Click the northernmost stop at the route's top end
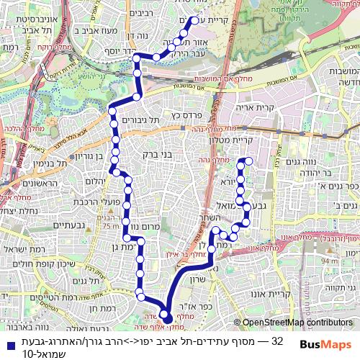coord(193,22)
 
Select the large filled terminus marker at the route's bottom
coord(164,314)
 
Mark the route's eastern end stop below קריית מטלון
coord(247,160)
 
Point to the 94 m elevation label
coord(329,261)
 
